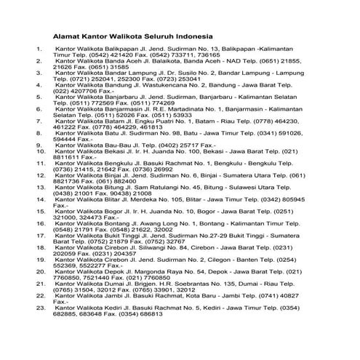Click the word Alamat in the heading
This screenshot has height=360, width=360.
[x=69, y=34]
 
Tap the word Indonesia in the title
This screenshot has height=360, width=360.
[x=192, y=34]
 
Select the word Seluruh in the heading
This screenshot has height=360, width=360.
[x=155, y=34]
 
